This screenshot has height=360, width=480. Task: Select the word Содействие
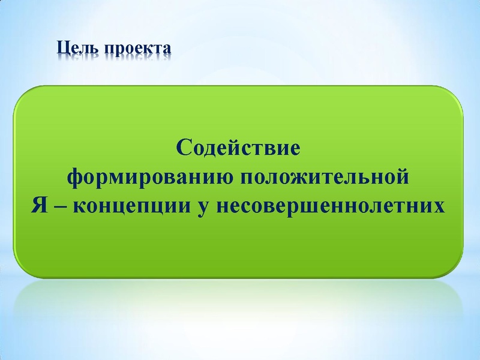coord(238,148)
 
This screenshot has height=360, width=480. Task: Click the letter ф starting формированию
coord(73,178)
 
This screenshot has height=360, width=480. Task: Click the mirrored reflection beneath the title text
coord(114,58)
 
